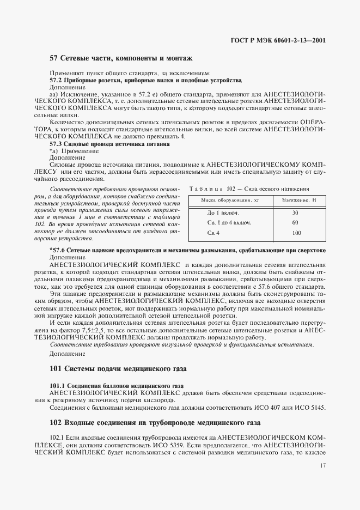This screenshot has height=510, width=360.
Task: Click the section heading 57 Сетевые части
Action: [x=120, y=58]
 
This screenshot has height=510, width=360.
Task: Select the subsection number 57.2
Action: [x=57, y=80]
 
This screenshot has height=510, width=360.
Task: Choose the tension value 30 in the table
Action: [x=295, y=212]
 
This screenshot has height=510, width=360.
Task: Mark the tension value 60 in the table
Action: [x=295, y=223]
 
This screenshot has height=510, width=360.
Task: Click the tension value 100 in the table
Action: [x=296, y=233]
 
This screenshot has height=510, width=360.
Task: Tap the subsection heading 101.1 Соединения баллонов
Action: [x=117, y=385]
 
